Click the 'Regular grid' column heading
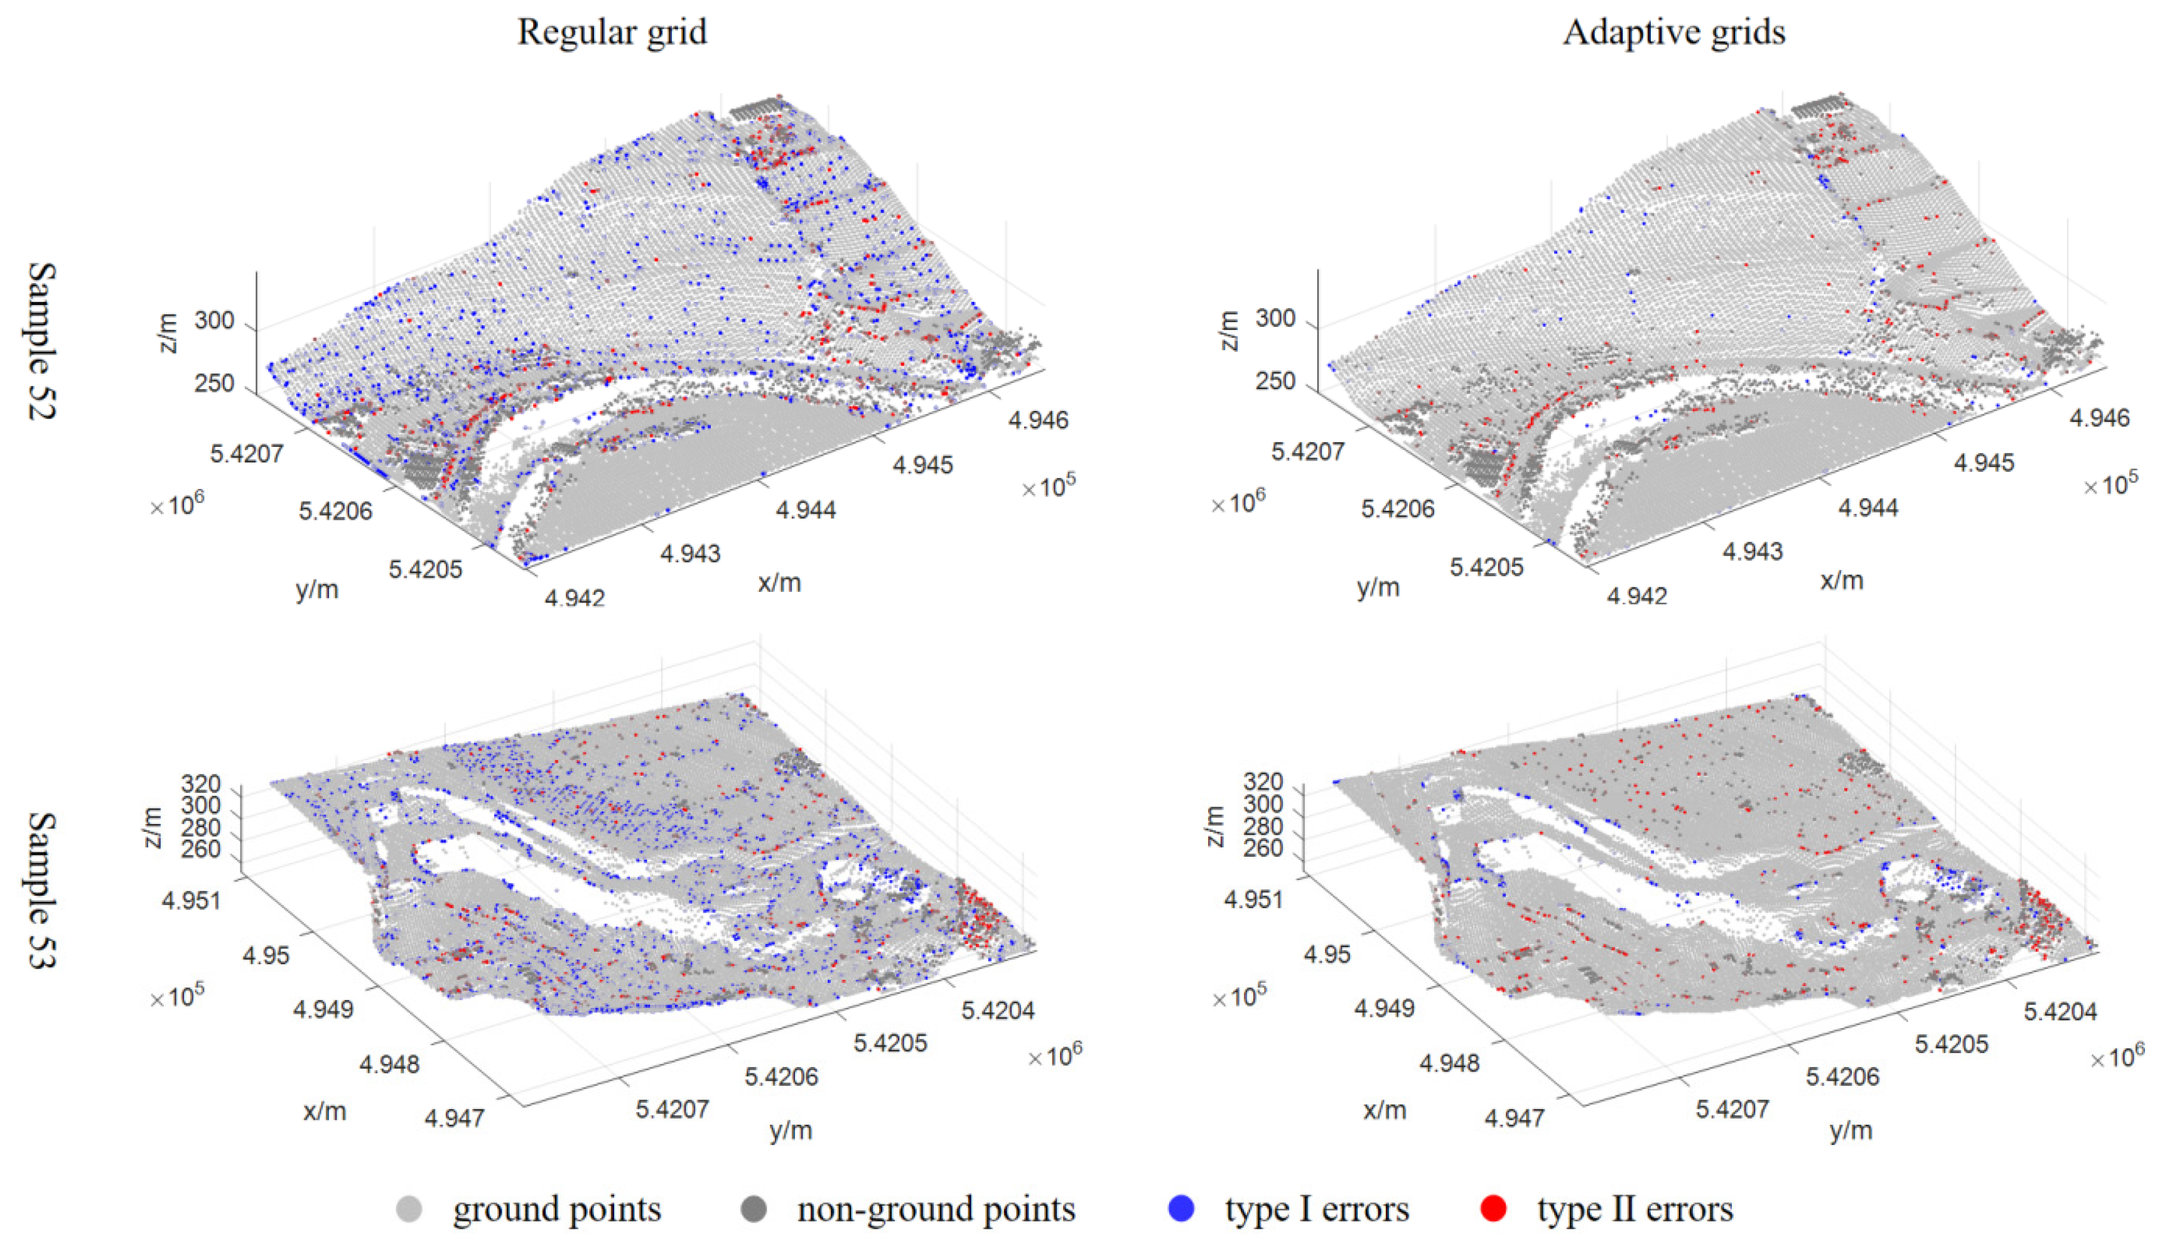click(612, 33)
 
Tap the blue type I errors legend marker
click(1181, 1208)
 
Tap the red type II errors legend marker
click(1493, 1208)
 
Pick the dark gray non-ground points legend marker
click(753, 1208)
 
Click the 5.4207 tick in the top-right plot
click(1307, 451)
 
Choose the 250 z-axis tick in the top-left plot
click(213, 383)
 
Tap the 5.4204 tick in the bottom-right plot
click(2060, 1012)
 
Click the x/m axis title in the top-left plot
click(779, 582)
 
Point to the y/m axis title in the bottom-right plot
click(1851, 1130)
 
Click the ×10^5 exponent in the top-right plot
click(2110, 483)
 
